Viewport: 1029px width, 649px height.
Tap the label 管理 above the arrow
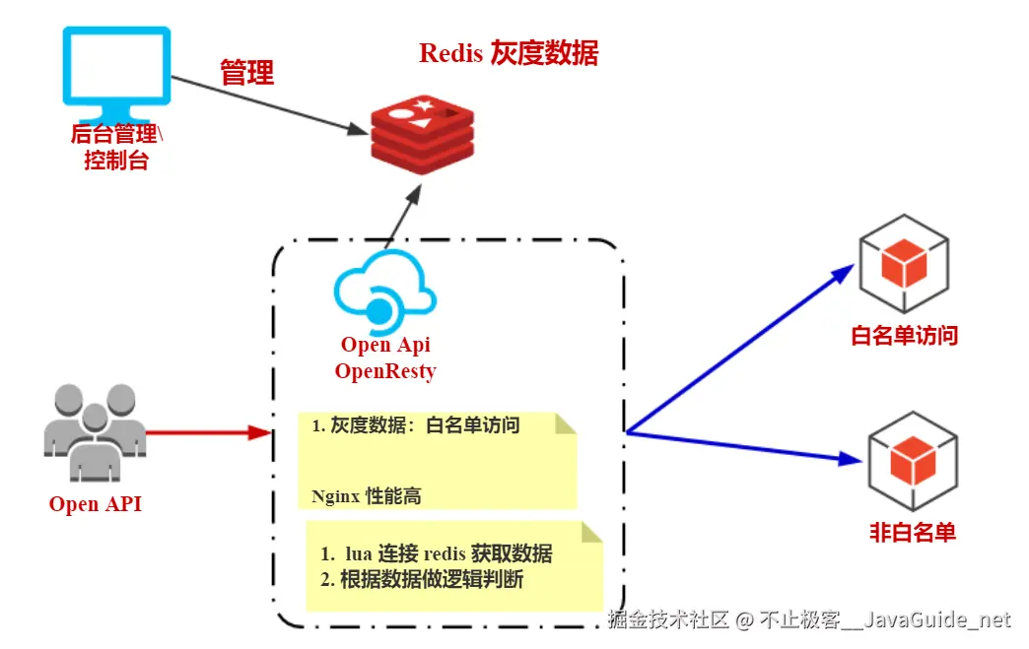tap(246, 72)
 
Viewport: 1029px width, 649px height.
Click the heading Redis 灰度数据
tap(509, 53)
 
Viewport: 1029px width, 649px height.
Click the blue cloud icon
tap(384, 292)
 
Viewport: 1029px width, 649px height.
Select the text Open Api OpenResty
tap(385, 358)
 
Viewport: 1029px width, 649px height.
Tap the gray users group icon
tap(96, 432)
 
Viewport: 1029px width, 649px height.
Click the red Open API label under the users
tap(96, 505)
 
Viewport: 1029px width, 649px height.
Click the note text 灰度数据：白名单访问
tap(416, 426)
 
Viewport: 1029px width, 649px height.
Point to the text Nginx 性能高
tap(367, 496)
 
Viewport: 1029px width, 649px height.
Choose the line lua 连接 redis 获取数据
tap(436, 553)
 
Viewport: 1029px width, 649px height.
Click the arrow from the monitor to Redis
tap(266, 105)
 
